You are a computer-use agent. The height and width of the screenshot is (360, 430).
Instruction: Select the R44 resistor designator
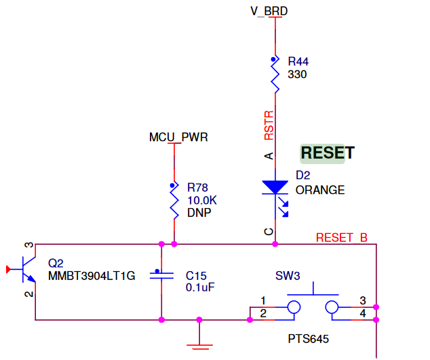pos(298,61)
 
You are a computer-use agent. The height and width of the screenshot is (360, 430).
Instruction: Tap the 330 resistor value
pos(297,74)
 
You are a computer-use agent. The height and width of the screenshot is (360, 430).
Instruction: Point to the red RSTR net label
pos(269,125)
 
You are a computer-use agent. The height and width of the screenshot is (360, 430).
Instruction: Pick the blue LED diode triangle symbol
pos(275,187)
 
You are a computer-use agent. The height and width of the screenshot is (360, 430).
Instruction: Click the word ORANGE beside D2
pos(320,190)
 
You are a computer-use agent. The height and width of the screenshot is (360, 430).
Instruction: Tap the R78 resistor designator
pos(198,187)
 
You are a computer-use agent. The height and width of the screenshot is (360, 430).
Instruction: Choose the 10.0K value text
pos(203,200)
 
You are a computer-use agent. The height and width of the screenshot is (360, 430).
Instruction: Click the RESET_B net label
pos(342,238)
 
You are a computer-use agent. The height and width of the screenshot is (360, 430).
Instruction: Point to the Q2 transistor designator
pos(56,263)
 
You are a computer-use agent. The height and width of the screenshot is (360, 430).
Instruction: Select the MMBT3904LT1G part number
pos(92,276)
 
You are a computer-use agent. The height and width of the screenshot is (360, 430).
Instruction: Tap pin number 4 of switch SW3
pos(363,313)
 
